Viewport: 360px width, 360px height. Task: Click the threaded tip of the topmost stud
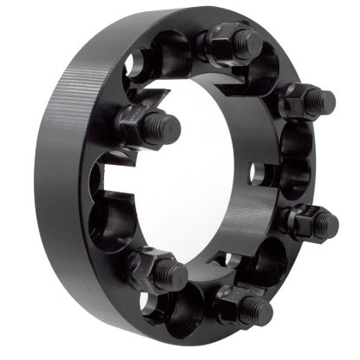click(x=252, y=41)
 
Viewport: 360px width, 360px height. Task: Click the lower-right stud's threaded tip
click(x=327, y=226)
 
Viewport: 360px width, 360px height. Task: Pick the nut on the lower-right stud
click(x=302, y=223)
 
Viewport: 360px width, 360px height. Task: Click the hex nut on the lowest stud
click(x=232, y=301)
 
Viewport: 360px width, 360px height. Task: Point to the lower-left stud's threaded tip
click(x=173, y=276)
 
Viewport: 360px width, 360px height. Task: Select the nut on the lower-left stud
click(x=150, y=265)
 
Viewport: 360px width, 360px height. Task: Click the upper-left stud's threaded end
click(x=168, y=128)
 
